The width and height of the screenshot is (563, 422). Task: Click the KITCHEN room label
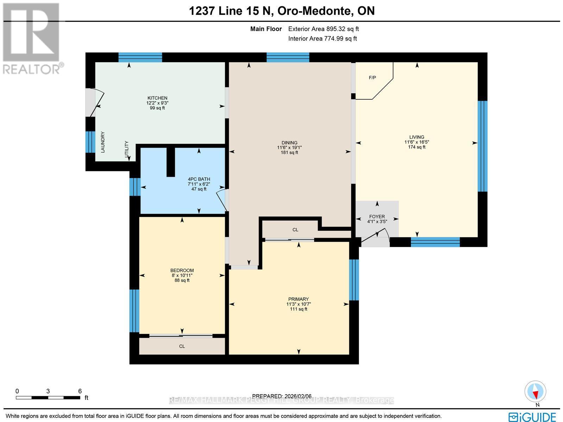click(x=157, y=98)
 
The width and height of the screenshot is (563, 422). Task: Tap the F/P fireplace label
click(x=372, y=77)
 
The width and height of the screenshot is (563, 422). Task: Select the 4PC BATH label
click(x=199, y=179)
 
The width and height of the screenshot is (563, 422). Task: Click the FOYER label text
click(x=377, y=217)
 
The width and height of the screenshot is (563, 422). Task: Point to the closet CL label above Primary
click(x=295, y=230)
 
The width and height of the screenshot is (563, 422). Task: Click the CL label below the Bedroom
click(x=182, y=346)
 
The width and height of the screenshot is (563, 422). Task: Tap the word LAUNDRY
click(x=103, y=142)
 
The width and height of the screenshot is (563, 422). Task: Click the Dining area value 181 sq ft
click(x=289, y=153)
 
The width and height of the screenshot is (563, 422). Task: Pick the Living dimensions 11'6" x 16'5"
click(x=417, y=142)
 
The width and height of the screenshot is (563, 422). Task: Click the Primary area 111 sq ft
click(x=298, y=309)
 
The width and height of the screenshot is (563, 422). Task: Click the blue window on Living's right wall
click(x=482, y=146)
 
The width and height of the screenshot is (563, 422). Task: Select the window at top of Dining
click(x=287, y=57)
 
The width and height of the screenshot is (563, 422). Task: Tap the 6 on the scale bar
click(x=80, y=391)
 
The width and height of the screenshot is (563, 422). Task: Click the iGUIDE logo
click(x=532, y=417)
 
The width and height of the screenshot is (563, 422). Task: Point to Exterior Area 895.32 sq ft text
click(x=323, y=29)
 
